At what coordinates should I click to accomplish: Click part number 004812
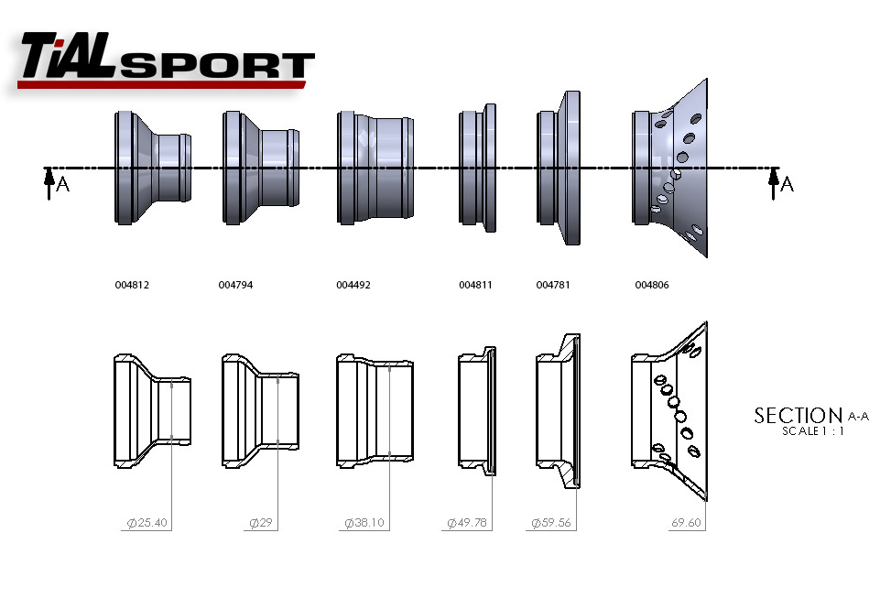[132, 285]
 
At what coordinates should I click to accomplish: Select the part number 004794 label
[235, 285]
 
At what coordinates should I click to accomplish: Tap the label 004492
[353, 285]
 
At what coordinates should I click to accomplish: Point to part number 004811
[475, 285]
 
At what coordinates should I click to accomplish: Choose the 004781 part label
[553, 285]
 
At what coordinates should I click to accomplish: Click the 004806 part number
[652, 285]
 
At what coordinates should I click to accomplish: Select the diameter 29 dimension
[262, 524]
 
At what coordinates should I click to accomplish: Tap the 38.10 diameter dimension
[364, 524]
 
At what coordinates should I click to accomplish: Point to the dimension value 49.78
[467, 524]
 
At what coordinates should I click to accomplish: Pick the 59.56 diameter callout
[551, 524]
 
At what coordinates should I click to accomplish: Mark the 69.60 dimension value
[686, 524]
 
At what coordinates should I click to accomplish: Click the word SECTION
[798, 416]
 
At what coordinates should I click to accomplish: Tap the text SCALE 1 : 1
[813, 431]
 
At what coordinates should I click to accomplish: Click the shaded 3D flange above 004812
[152, 168]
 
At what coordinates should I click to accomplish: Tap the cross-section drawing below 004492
[375, 411]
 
